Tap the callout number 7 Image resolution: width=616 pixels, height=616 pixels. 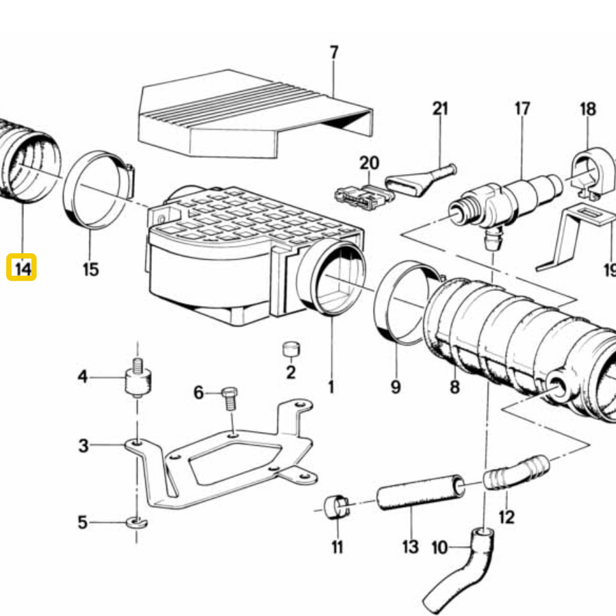(333, 53)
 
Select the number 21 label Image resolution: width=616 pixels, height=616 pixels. (440, 108)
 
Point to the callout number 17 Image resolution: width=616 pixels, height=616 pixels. (522, 108)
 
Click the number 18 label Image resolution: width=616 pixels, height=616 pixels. (588, 110)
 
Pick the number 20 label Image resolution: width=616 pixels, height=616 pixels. (370, 163)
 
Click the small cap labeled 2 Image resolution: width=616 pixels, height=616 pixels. (291, 349)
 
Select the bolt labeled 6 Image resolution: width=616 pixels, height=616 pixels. (230, 398)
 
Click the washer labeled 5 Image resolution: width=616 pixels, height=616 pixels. (137, 522)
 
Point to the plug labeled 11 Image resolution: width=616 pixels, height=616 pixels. (337, 507)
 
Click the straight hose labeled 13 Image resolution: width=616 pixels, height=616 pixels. (420, 493)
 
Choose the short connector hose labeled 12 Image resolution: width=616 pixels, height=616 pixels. (516, 472)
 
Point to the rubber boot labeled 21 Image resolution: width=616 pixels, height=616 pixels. (420, 179)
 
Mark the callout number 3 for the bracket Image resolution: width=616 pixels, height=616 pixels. (84, 446)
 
